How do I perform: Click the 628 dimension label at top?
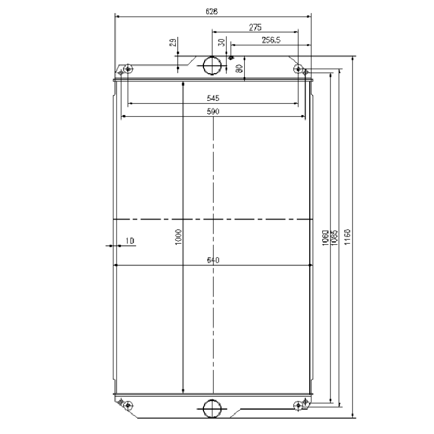tap(213, 11)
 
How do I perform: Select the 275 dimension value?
tap(256, 27)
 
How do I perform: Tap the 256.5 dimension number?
tap(271, 40)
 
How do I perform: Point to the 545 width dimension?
tap(213, 98)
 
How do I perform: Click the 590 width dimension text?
tap(213, 112)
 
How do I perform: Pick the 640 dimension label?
tap(213, 260)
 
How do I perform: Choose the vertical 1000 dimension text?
tap(179, 237)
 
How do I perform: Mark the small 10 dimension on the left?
tap(129, 240)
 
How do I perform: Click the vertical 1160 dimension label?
tap(348, 237)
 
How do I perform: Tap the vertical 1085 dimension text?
tap(334, 238)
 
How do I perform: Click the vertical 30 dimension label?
tap(221, 43)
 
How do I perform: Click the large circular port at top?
tap(212, 65)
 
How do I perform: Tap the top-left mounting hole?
tap(129, 69)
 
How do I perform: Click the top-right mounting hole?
tap(298, 68)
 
